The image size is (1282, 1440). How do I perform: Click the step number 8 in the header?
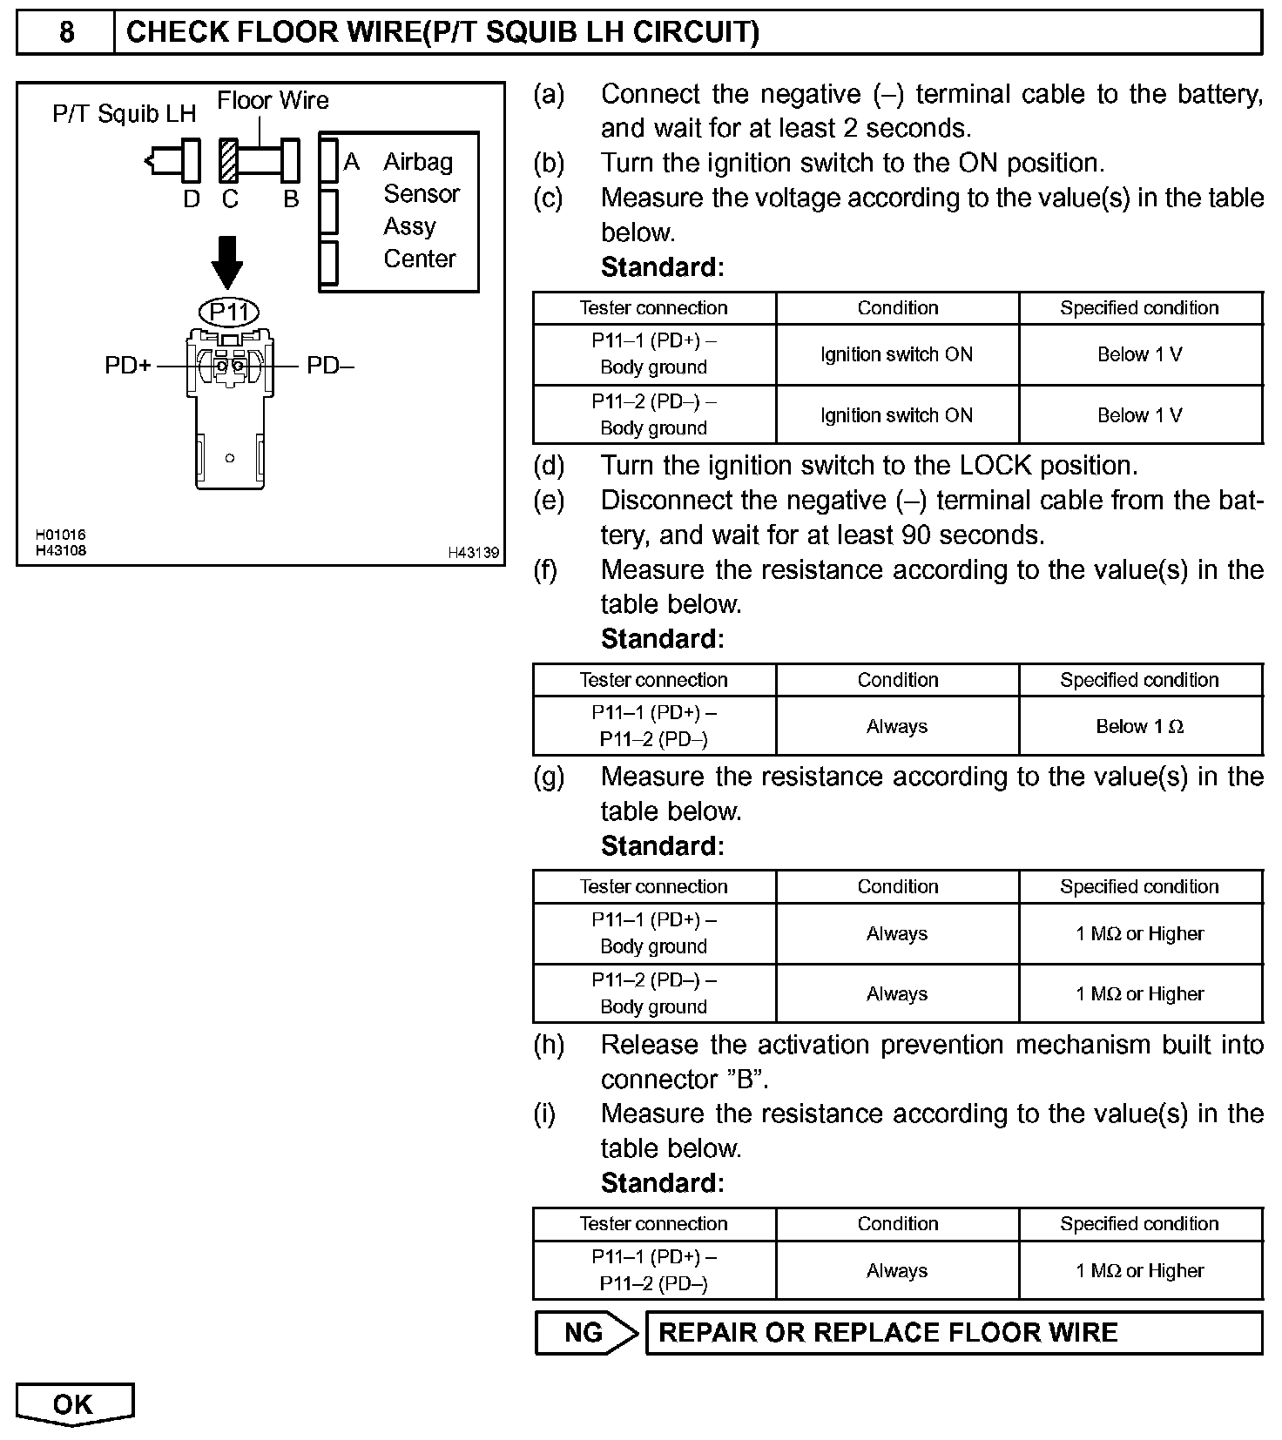point(66,32)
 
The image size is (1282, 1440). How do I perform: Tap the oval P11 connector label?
point(229,312)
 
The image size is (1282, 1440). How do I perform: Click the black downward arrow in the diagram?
point(227,261)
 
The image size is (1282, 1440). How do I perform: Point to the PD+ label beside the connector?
point(127,366)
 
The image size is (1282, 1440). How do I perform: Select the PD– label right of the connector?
point(330,366)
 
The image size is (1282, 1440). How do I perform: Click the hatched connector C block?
point(229,160)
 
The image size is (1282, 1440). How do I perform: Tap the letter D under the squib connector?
point(192,199)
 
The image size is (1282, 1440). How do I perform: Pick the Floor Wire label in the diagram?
point(273,101)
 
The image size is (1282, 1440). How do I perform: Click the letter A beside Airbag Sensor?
point(352,162)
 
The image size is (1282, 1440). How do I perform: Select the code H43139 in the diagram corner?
point(473,553)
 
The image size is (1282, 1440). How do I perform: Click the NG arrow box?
point(585,1333)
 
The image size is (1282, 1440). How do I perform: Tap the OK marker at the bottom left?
point(74,1403)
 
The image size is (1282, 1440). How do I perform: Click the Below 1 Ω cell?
point(1139,726)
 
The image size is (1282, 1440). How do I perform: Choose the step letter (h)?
point(549,1044)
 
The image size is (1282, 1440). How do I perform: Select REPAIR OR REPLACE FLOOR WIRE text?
point(887,1333)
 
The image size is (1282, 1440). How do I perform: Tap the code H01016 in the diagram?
point(61,535)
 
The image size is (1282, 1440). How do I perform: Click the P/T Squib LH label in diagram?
point(125,114)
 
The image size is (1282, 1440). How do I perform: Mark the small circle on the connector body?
point(230,458)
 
